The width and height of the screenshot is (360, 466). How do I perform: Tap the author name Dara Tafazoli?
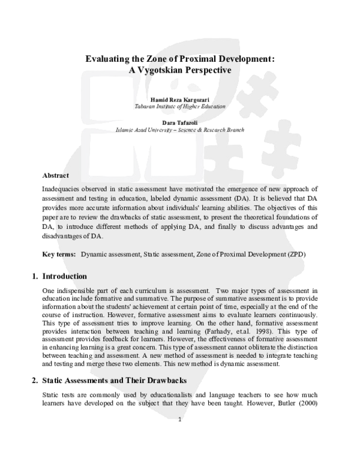click(x=180, y=123)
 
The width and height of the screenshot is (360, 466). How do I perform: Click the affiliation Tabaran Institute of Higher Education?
click(x=180, y=106)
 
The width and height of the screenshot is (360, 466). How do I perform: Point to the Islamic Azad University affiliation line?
click(x=180, y=130)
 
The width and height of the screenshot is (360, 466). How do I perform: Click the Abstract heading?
click(x=56, y=175)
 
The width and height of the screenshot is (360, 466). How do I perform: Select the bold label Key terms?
click(x=59, y=255)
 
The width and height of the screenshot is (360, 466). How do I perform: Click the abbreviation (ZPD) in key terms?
click(x=293, y=255)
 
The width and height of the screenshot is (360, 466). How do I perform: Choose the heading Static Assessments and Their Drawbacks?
click(x=116, y=381)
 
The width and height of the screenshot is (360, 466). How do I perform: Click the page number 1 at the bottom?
click(x=179, y=453)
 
